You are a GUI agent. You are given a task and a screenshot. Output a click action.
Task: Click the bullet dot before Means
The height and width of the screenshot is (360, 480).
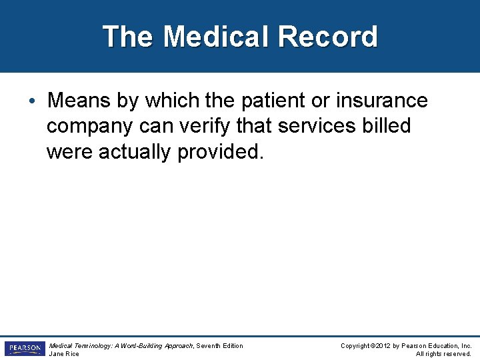click(x=32, y=101)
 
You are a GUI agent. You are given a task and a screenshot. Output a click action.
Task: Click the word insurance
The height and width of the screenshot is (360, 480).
click(x=382, y=101)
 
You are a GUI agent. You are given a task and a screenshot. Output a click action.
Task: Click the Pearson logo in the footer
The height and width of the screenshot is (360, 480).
click(x=25, y=349)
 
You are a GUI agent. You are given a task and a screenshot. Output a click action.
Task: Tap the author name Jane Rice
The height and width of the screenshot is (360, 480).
click(x=64, y=354)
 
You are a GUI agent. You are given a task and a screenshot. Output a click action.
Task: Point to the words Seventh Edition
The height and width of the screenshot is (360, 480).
click(x=219, y=345)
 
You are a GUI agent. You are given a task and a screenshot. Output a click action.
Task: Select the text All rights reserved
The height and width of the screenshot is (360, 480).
click(x=443, y=354)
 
